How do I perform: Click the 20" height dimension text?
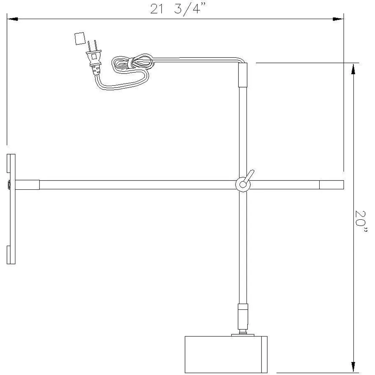click(361, 222)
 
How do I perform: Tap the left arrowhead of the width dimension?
click(12, 19)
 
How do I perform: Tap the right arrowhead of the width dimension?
click(338, 19)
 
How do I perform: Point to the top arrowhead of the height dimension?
click(353, 69)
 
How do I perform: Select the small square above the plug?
click(80, 38)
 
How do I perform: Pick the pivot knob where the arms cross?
click(243, 185)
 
